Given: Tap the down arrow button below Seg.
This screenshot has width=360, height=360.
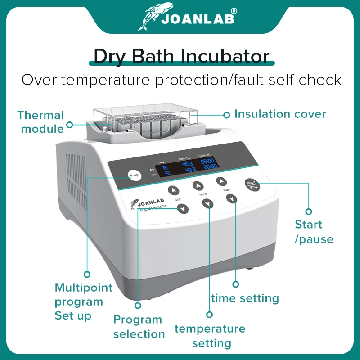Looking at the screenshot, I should click(x=183, y=208).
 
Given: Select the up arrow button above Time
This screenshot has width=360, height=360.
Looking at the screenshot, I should click(x=221, y=181).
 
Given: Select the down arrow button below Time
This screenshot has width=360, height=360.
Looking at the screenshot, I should click(x=231, y=199).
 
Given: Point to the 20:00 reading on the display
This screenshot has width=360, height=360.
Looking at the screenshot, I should click(x=209, y=166).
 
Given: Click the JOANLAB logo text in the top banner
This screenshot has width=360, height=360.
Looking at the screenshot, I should click(x=198, y=19).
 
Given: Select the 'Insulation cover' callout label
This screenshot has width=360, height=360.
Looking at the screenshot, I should click(x=280, y=114).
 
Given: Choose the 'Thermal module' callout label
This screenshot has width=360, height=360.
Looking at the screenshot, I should click(x=41, y=122).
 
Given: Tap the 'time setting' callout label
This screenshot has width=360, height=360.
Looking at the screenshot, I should click(x=245, y=298).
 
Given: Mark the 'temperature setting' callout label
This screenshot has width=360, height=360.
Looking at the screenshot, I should click(x=210, y=336).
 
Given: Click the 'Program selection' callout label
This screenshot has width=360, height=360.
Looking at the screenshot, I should click(x=139, y=327).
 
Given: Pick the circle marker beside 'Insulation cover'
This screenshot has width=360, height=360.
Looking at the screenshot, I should click(x=227, y=114).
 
